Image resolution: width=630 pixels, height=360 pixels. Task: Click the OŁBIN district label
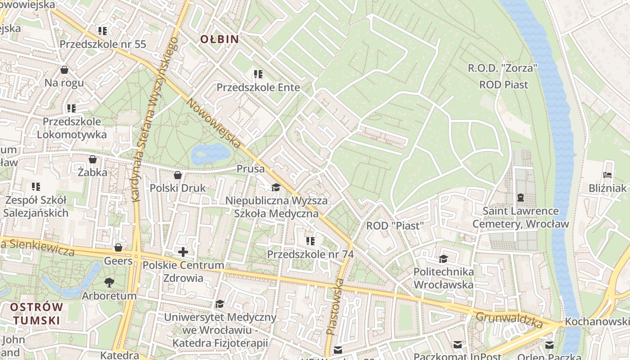tap(219, 39)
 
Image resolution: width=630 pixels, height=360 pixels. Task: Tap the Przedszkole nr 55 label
tap(103, 44)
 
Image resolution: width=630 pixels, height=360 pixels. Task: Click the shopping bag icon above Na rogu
tap(64, 70)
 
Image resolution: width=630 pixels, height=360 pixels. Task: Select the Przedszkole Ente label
tap(258, 87)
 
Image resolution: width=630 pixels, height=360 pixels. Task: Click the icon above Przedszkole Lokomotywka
tap(72, 108)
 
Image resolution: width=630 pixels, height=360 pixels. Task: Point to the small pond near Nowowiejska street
tap(211, 153)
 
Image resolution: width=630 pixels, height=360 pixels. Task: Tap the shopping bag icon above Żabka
tap(92, 159)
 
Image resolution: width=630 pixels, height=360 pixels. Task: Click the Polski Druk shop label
tap(177, 188)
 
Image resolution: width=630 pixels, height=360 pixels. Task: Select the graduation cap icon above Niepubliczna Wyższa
tap(276, 187)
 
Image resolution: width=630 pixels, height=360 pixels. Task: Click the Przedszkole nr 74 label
tap(310, 254)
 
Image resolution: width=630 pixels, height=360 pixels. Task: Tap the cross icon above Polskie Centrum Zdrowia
tap(183, 252)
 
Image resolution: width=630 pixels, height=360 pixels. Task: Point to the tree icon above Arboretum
tap(109, 282)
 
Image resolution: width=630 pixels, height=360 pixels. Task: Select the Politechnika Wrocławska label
tap(443, 278)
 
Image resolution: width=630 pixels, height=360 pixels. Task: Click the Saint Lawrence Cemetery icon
tap(521, 197)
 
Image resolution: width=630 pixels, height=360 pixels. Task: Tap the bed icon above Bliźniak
tap(607, 175)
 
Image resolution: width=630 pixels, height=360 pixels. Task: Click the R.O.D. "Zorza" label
tap(503, 68)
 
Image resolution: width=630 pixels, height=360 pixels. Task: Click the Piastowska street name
tap(335, 306)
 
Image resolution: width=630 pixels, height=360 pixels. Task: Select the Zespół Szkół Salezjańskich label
tap(36, 207)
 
